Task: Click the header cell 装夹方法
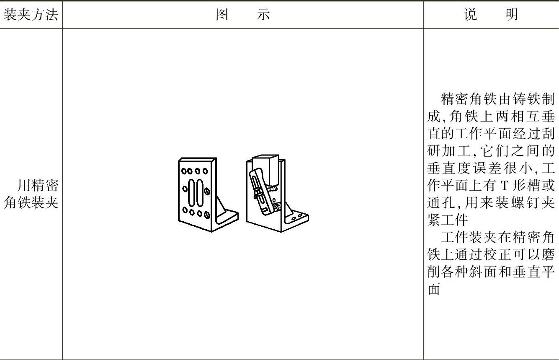[x=31, y=15]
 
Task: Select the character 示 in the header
[x=263, y=15]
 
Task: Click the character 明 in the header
[x=512, y=15]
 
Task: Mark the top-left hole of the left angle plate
[x=183, y=171]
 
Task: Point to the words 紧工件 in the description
[x=447, y=220]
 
